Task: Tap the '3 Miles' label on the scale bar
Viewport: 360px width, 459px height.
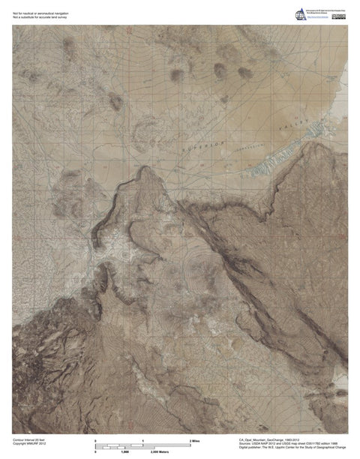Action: pyautogui.click(x=193, y=440)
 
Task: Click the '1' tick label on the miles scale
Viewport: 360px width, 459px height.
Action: pyautogui.click(x=142, y=440)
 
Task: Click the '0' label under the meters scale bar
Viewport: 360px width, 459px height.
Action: pyautogui.click(x=95, y=453)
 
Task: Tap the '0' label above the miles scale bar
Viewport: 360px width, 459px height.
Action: pyautogui.click(x=95, y=440)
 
